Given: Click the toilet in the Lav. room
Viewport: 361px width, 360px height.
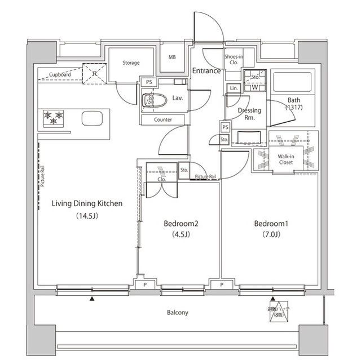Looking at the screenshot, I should (x=152, y=100).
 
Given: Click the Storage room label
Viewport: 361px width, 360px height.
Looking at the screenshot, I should (x=130, y=63).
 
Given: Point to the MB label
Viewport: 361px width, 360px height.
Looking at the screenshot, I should (x=172, y=57).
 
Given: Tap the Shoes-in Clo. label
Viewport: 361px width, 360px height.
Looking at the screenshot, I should (x=234, y=60).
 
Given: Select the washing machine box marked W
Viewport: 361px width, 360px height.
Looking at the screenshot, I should (x=254, y=87).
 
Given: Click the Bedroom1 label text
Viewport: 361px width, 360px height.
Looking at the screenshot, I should (x=271, y=224).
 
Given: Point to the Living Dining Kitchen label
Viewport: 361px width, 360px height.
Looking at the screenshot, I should (x=87, y=203).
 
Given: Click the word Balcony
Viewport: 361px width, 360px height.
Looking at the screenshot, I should (x=178, y=313).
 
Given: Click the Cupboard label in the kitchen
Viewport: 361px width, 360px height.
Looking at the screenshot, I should (x=60, y=74).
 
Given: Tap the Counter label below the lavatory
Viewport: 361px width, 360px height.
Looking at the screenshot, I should (x=163, y=119).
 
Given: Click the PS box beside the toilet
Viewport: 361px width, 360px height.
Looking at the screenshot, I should (x=149, y=82).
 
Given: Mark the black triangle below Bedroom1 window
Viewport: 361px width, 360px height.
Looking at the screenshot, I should (x=273, y=299).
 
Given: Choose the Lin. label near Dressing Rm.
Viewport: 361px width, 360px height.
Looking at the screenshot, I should (x=233, y=88).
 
